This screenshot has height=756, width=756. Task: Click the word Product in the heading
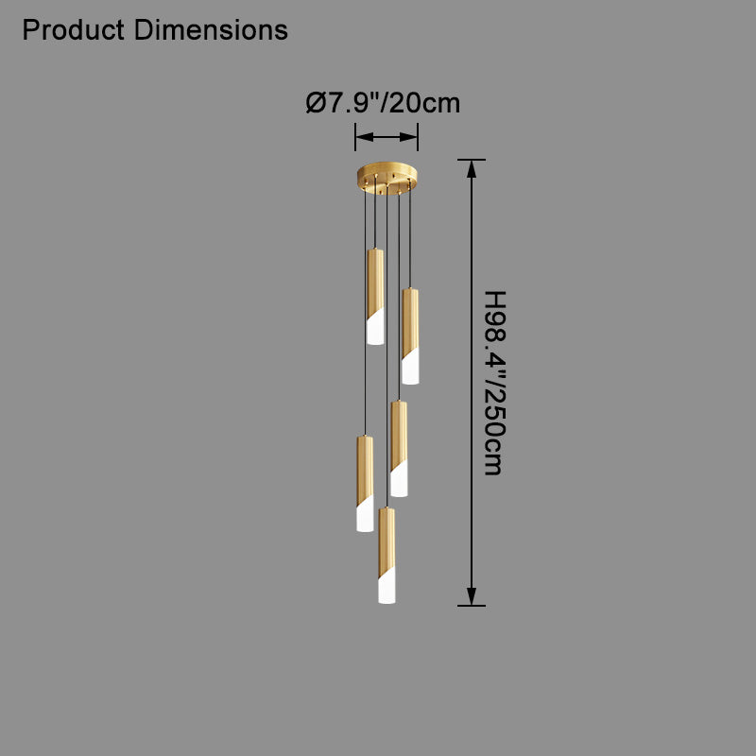[74, 30]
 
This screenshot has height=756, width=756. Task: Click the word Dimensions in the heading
[211, 30]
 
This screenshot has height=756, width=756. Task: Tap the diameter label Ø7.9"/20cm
[384, 103]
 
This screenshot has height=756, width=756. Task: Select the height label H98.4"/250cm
[494, 383]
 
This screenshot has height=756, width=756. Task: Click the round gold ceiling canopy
[387, 178]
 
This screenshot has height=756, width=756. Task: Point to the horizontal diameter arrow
[387, 137]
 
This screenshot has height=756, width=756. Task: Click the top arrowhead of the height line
[472, 169]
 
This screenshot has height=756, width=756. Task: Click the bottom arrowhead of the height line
[472, 596]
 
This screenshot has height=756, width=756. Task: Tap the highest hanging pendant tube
[375, 297]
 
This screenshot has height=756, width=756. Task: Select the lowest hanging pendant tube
[387, 556]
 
